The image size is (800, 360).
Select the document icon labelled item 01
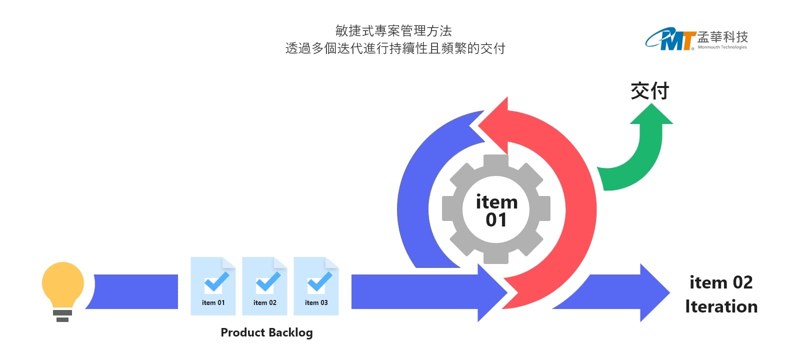point(213,286)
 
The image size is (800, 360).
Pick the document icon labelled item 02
point(264,286)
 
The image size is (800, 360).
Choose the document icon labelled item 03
point(316,286)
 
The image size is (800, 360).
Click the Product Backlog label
point(266,332)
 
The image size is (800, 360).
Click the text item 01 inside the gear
point(496,210)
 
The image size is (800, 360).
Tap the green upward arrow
point(645,150)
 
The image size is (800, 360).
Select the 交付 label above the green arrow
point(649,91)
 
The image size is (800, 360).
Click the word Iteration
point(721,306)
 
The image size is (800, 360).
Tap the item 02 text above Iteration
point(721,282)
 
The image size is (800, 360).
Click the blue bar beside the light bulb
point(135,291)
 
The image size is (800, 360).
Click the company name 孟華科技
point(722,36)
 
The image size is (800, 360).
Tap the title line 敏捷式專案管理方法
point(393,31)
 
